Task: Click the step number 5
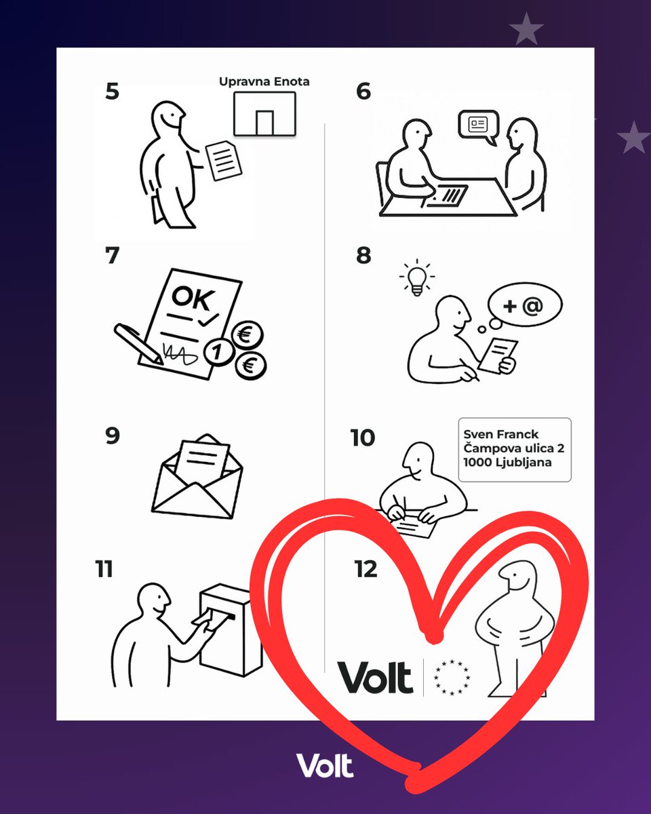coord(112,92)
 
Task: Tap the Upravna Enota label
coord(264,81)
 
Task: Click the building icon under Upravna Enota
coord(264,114)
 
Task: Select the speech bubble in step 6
coord(478,125)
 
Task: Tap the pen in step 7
coord(138,343)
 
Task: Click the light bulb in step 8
coord(417,277)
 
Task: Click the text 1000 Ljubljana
coord(507,463)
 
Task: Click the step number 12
coord(365,570)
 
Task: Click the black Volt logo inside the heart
coord(375,678)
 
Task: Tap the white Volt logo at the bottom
coord(325,766)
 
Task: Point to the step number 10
coord(362,438)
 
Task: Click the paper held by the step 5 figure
coord(223,160)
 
